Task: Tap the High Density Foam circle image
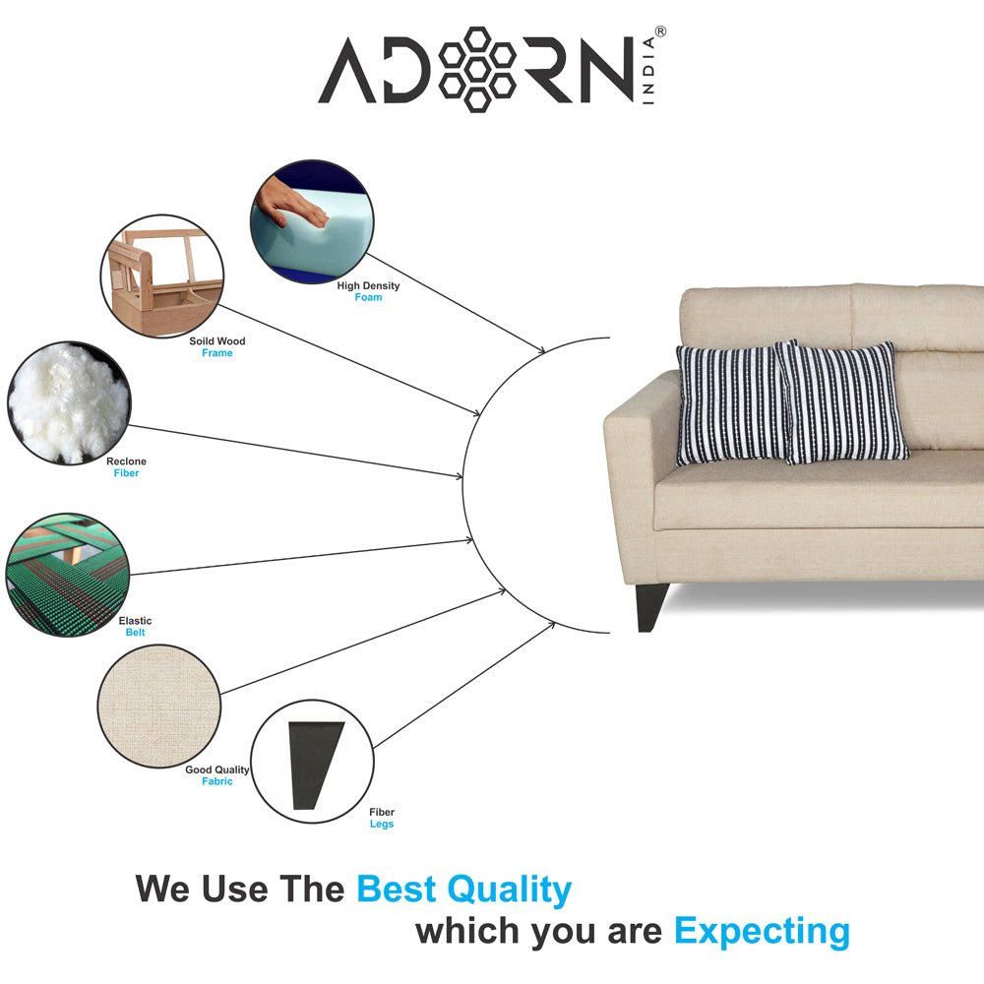(x=312, y=223)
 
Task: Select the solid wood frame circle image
(x=161, y=277)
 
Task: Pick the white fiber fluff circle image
(x=68, y=400)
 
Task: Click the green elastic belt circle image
(x=68, y=574)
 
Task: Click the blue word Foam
(x=368, y=297)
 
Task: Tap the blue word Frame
(x=217, y=353)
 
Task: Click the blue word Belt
(x=135, y=633)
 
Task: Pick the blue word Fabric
(x=217, y=781)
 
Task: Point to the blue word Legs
(x=382, y=824)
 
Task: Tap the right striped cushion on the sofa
(x=843, y=401)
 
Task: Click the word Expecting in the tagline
(x=762, y=930)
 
